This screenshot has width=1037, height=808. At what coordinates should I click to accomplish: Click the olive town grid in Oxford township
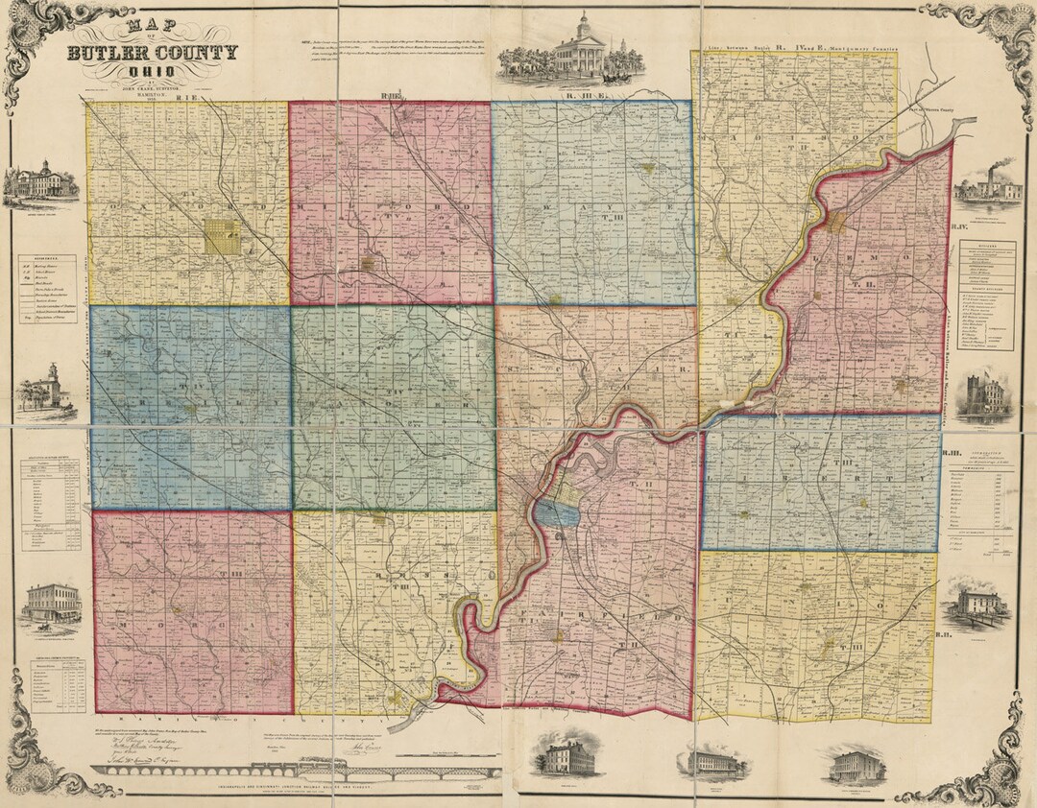223,237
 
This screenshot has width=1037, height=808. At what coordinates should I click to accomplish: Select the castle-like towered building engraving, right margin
986,394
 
